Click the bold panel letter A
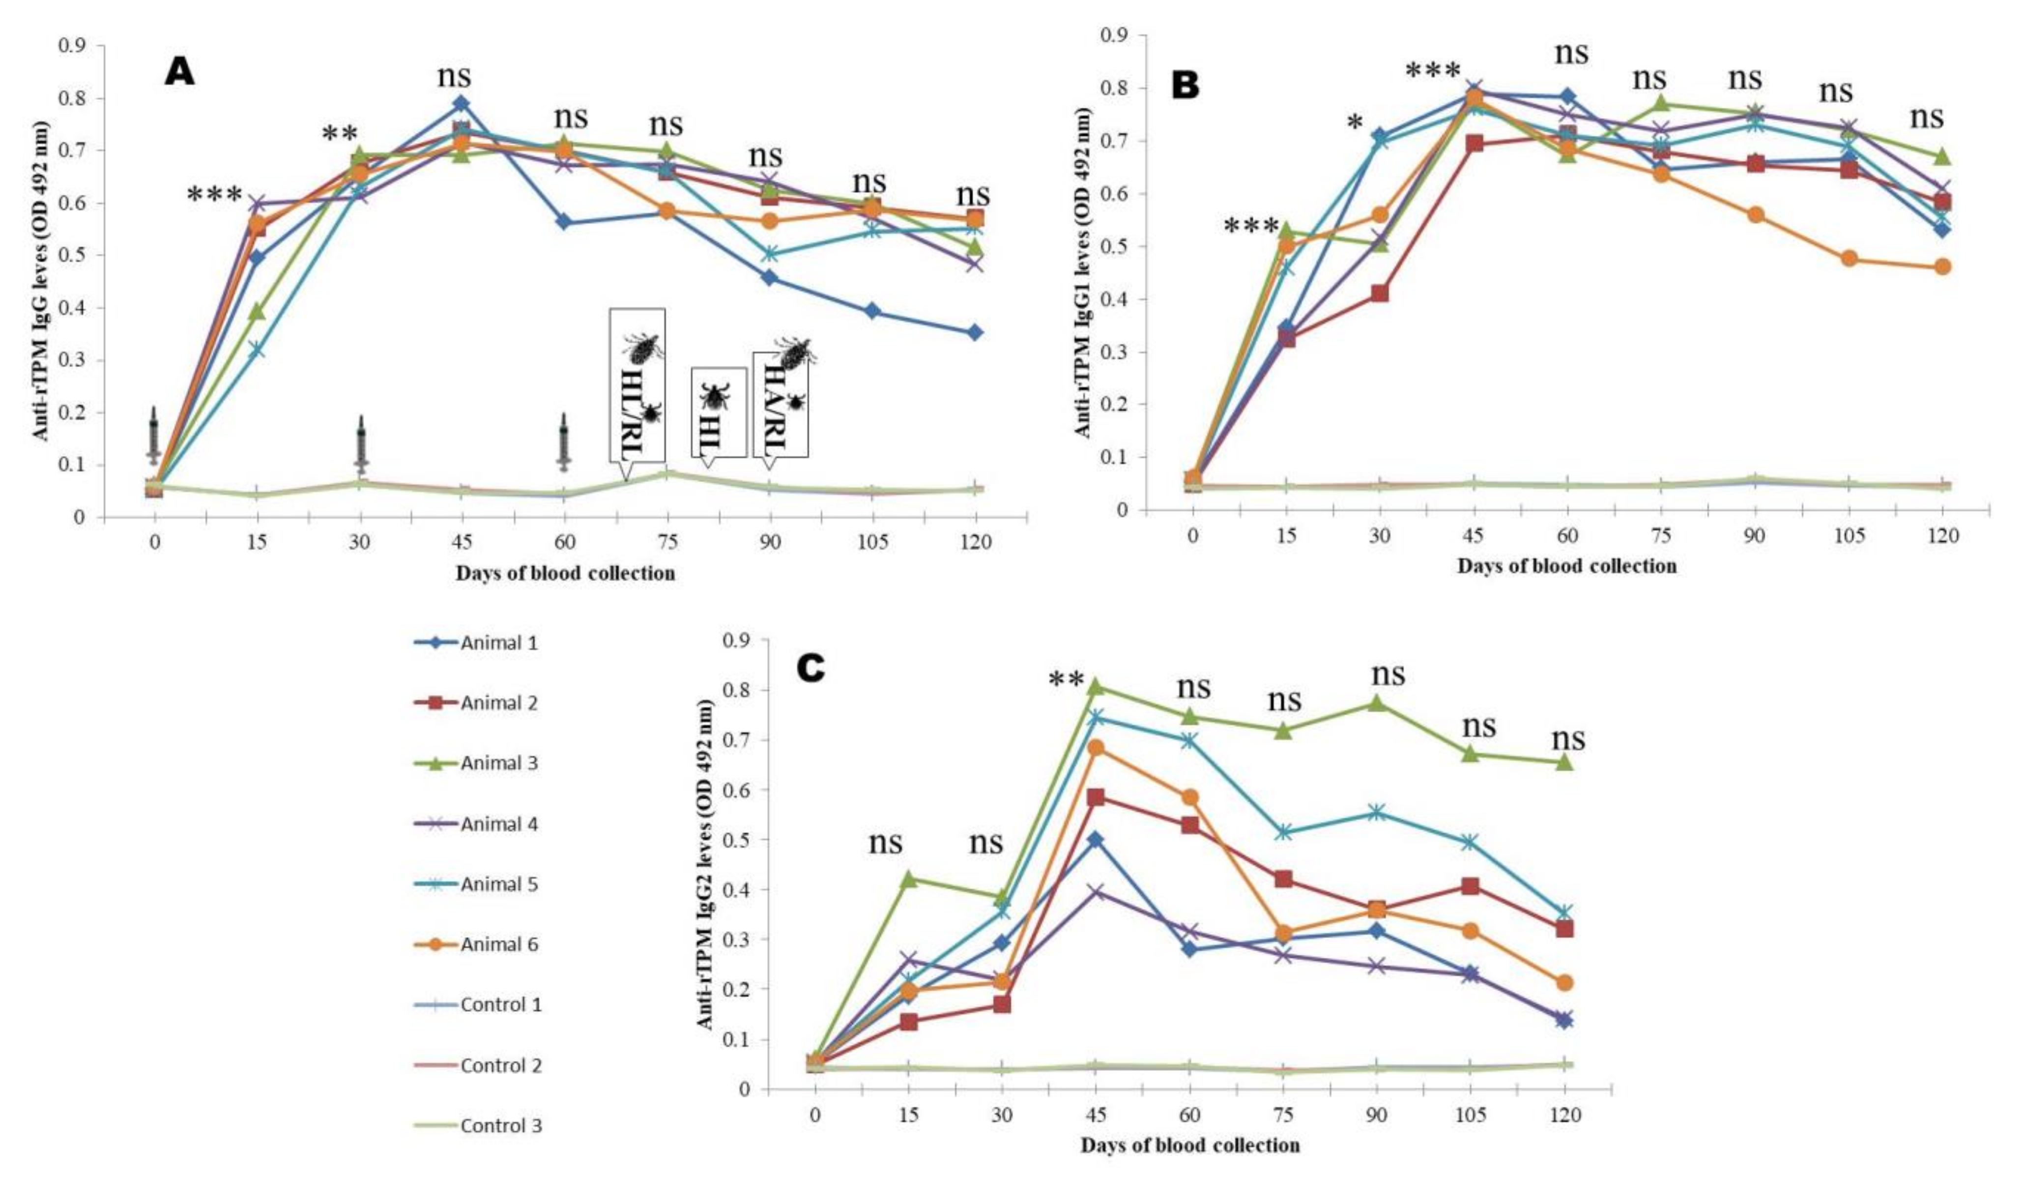(179, 73)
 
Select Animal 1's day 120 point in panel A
(975, 332)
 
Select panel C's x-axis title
(1189, 1145)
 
